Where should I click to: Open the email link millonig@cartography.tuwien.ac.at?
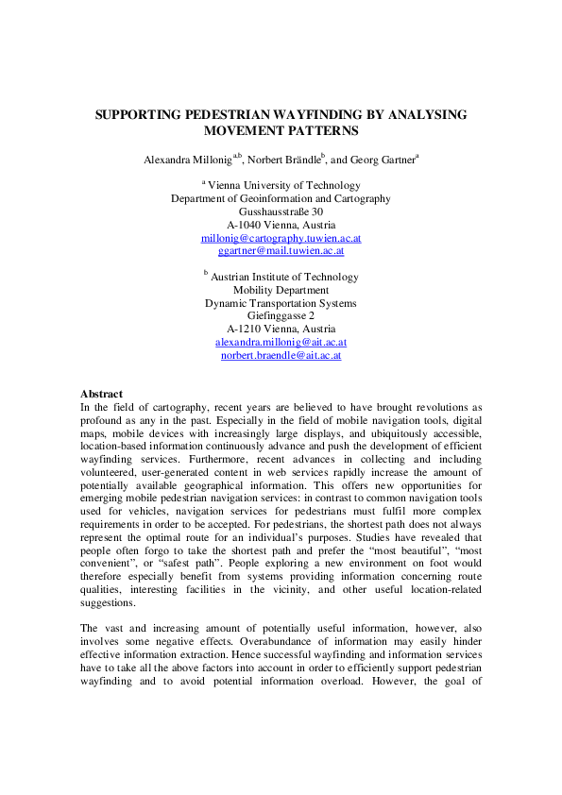281,239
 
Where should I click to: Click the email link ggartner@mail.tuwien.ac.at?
281,252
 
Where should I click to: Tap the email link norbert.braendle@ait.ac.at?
281,356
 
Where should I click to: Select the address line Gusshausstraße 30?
281,212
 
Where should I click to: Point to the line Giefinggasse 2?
281,316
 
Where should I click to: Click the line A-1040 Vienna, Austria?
281,226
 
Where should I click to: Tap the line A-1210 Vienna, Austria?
281,330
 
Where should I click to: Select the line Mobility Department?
281,290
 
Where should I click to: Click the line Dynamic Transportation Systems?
281,303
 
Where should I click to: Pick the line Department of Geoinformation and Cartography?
281,199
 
